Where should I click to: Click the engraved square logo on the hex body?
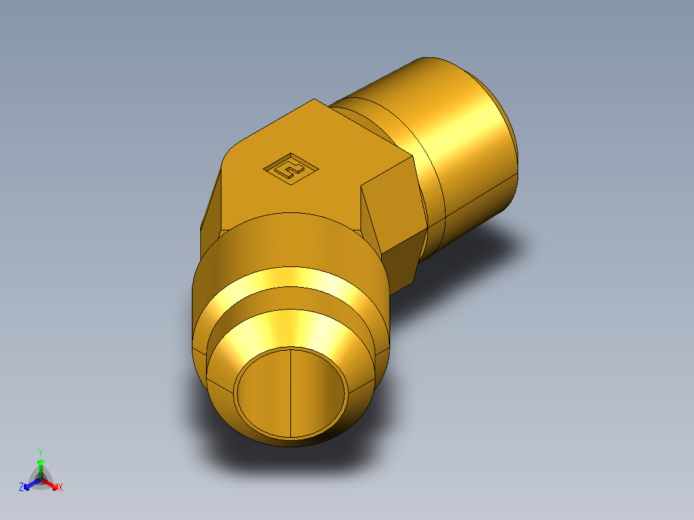pyautogui.click(x=291, y=169)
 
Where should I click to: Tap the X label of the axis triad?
pyautogui.click(x=61, y=488)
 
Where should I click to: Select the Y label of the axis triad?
pyautogui.click(x=41, y=452)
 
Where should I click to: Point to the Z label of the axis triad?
pyautogui.click(x=21, y=488)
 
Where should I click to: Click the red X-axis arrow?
pyautogui.click(x=52, y=483)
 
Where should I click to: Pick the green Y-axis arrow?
pyautogui.click(x=41, y=466)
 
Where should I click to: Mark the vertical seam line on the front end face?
pyautogui.click(x=291, y=393)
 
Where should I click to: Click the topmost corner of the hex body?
pyautogui.click(x=315, y=100)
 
